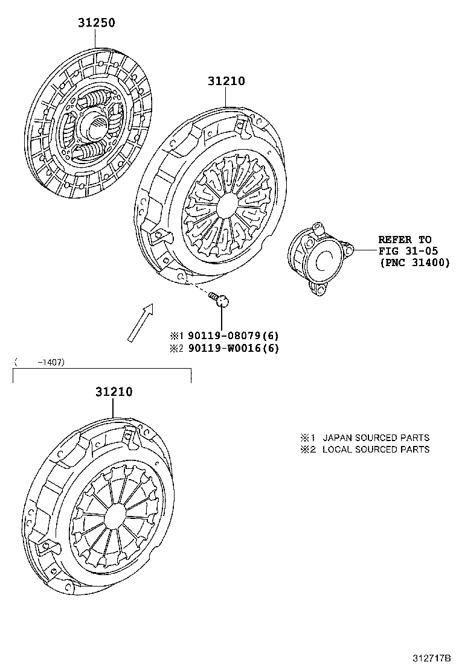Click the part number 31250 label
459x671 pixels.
[x=95, y=23]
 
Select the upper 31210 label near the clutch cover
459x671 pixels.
[x=226, y=81]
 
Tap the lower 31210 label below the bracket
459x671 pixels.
[x=114, y=392]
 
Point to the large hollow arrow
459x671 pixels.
[x=140, y=322]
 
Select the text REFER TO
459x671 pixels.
[x=405, y=240]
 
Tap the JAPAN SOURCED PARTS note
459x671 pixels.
[x=375, y=437]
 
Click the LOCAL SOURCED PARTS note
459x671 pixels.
[x=375, y=450]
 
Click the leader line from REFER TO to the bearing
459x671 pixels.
[x=364, y=249]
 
